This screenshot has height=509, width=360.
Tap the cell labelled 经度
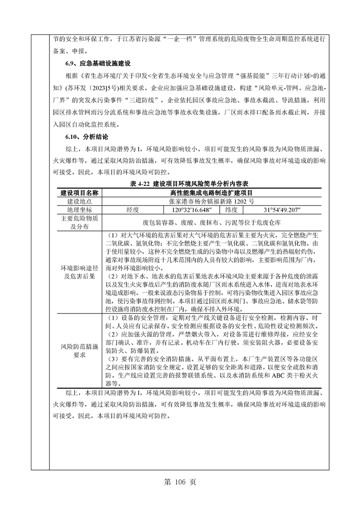click(135, 210)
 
